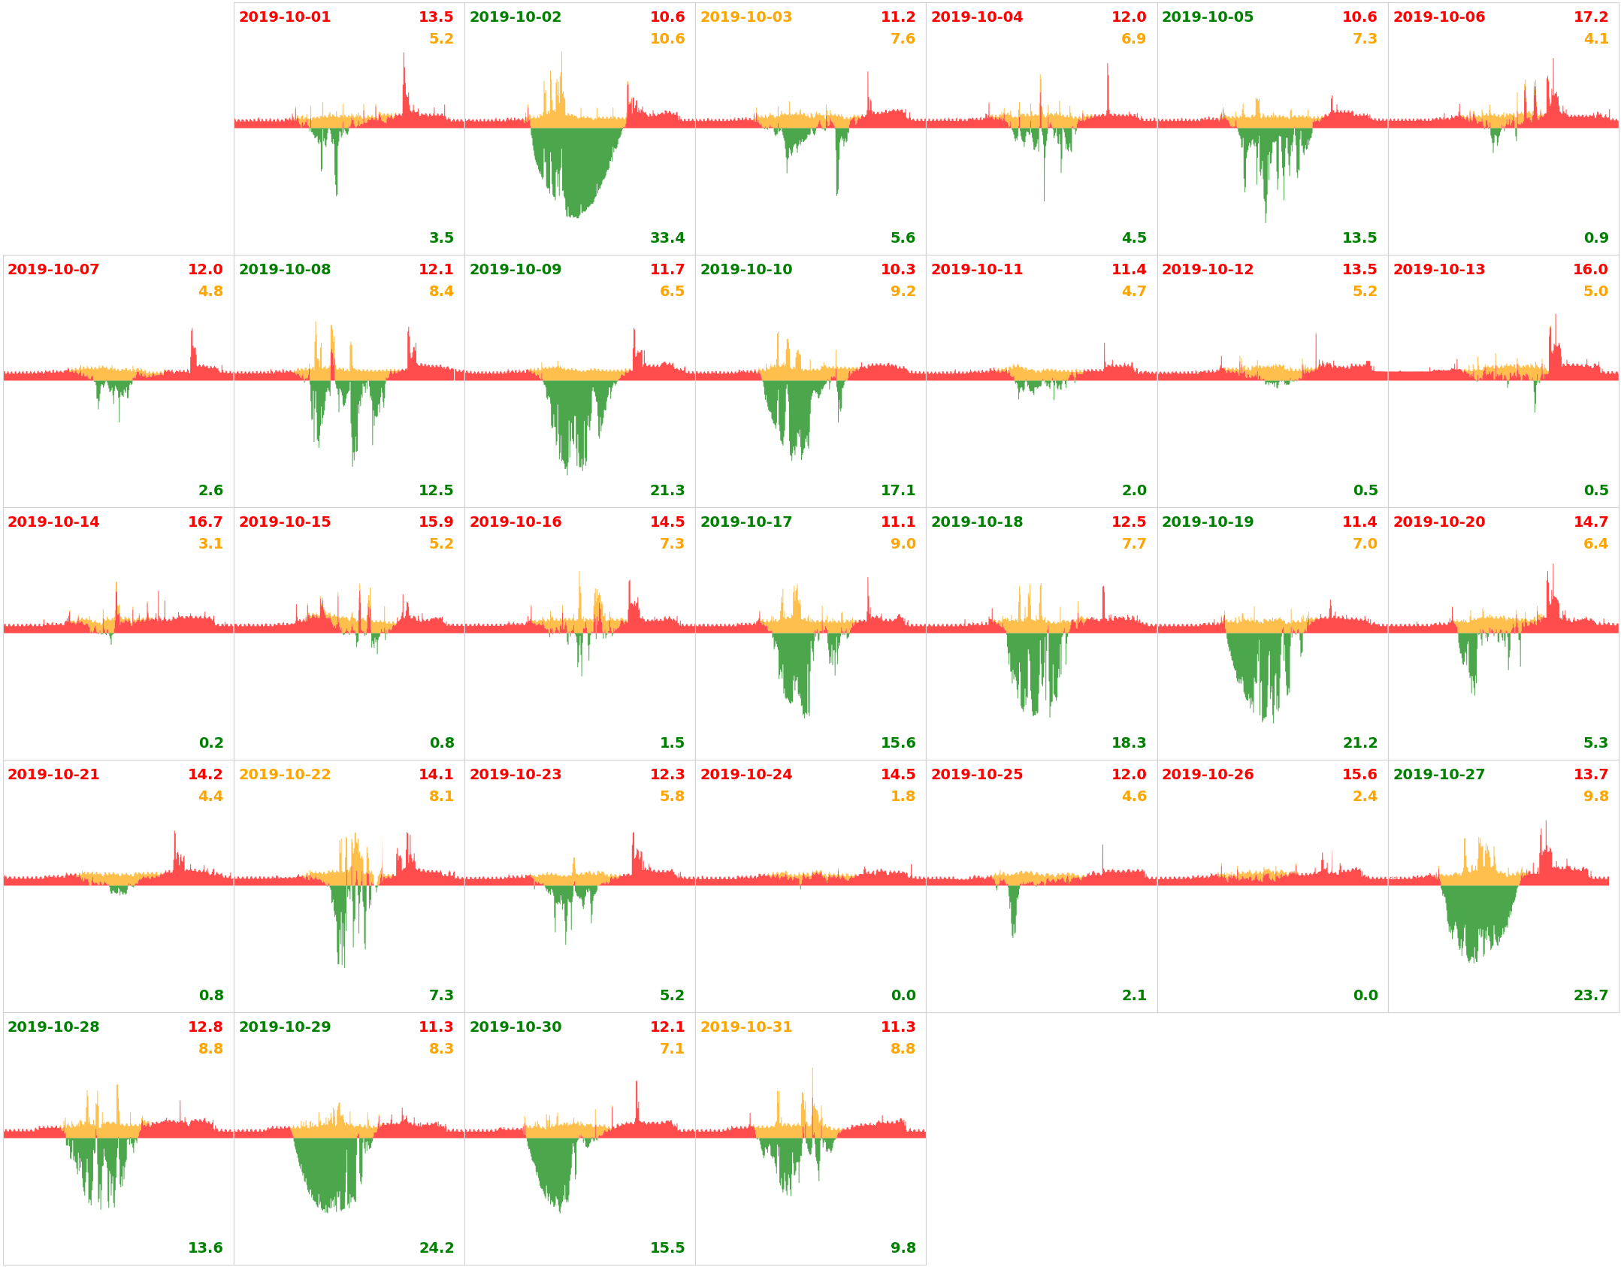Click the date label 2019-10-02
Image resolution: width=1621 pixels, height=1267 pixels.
pyautogui.click(x=515, y=17)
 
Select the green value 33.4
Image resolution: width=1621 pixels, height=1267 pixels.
pyautogui.click(x=667, y=238)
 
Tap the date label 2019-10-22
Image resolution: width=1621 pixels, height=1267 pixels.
pyautogui.click(x=284, y=775)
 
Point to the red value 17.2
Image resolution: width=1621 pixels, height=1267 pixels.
pyautogui.click(x=1590, y=17)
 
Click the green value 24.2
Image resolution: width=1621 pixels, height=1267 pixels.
pyautogui.click(x=436, y=1248)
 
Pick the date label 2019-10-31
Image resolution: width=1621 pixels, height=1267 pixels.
pyautogui.click(x=745, y=1027)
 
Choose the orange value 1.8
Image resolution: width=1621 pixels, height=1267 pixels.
pyautogui.click(x=903, y=797)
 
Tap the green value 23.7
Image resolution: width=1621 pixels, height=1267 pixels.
pyautogui.click(x=1590, y=996)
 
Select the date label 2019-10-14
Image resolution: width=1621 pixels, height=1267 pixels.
pyautogui.click(x=53, y=522)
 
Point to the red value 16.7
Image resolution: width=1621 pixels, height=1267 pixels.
pyautogui.click(x=204, y=522)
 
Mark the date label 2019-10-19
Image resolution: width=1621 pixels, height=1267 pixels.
pyautogui.click(x=1207, y=522)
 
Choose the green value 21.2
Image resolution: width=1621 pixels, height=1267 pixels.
pyautogui.click(x=1359, y=743)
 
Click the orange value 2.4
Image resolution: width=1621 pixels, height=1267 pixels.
pyautogui.click(x=1364, y=797)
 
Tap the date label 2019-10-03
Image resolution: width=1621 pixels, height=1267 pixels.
pyautogui.click(x=745, y=17)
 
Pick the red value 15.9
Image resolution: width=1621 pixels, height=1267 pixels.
pyautogui.click(x=436, y=522)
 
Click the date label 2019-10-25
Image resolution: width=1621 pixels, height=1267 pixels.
pyautogui.click(x=976, y=775)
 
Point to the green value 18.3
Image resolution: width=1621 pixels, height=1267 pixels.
pyautogui.click(x=1128, y=743)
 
